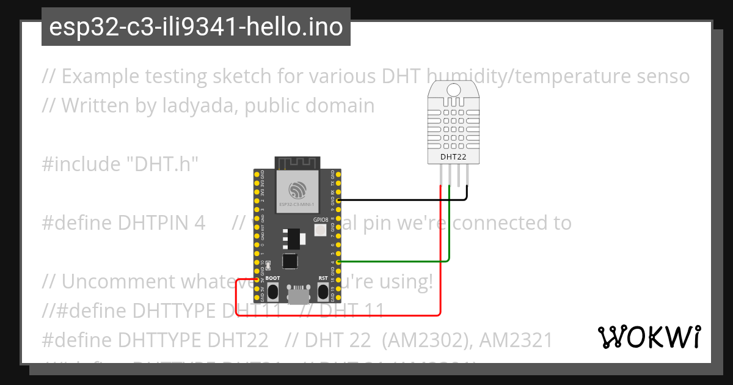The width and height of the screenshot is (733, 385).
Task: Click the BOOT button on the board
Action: (x=273, y=291)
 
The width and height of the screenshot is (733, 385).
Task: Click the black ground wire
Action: (x=403, y=199)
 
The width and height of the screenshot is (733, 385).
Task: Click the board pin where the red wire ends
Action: (x=257, y=280)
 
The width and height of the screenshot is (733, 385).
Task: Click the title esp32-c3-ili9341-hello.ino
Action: (x=195, y=27)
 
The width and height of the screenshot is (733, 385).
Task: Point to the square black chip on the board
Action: (x=290, y=262)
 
